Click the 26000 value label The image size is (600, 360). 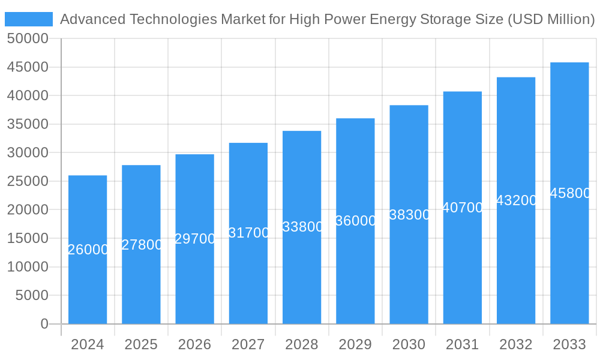[x=88, y=250]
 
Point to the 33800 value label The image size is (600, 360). [x=302, y=227]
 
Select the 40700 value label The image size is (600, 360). [x=463, y=208]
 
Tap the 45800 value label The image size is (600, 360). [x=570, y=193]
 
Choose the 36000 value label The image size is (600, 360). [x=356, y=221]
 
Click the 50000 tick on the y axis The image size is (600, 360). [x=27, y=39]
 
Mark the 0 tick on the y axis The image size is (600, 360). [x=44, y=324]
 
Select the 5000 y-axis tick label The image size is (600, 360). [x=31, y=295]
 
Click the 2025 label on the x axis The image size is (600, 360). [x=141, y=344]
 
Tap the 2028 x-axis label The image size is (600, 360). [x=302, y=344]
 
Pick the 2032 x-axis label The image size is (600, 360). [x=516, y=344]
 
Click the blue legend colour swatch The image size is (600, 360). [x=28, y=19]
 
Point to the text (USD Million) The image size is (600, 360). [x=551, y=19]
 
